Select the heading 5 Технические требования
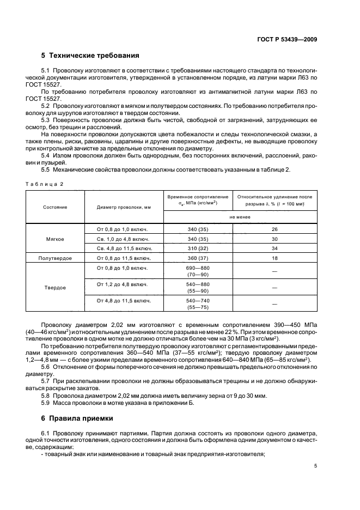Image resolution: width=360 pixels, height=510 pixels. click(90, 56)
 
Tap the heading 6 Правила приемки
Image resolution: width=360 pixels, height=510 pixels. click(77, 418)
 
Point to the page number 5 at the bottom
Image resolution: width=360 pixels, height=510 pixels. click(315, 466)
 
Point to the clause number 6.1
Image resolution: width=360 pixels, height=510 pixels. click(46, 433)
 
